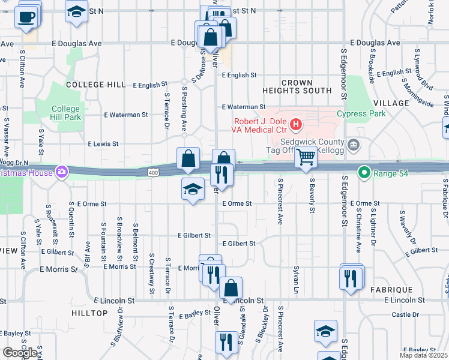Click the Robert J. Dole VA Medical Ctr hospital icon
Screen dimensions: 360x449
coord(295,125)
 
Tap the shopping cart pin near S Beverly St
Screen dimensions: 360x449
coord(306,158)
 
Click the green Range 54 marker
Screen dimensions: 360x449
coord(363,172)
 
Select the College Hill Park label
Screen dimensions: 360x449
coord(66,113)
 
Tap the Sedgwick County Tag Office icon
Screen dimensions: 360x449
coord(354,143)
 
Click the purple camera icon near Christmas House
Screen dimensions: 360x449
coord(61,173)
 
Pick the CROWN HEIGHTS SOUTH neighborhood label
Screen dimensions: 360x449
coord(297,86)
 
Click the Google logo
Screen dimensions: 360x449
coord(20,353)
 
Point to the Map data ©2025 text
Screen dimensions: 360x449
coord(424,356)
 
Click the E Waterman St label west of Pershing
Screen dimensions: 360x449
coord(125,114)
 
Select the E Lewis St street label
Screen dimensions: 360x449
coord(103,144)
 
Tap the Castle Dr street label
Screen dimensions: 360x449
coord(405,314)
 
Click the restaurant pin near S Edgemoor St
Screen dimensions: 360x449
coord(351,278)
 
